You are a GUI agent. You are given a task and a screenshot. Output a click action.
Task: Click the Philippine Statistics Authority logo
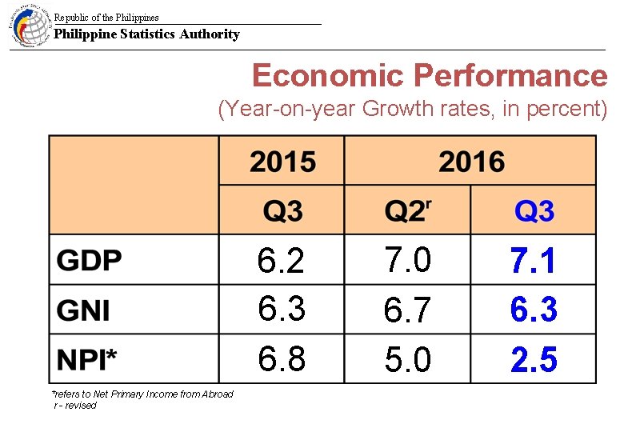click(30, 26)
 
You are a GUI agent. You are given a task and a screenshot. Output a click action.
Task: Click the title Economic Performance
click(430, 76)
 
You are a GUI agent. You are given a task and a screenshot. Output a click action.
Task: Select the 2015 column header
click(282, 162)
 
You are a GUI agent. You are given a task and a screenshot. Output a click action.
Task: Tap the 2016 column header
click(471, 162)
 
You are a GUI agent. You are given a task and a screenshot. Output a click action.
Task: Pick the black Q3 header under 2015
click(282, 211)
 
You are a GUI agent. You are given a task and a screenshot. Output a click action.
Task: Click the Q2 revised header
click(408, 211)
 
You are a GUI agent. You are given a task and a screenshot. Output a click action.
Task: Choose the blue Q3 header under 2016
click(534, 211)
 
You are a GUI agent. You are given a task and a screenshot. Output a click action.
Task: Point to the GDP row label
click(90, 261)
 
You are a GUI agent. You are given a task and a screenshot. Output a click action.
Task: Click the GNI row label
click(84, 310)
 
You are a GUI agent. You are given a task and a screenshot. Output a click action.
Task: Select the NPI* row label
click(86, 360)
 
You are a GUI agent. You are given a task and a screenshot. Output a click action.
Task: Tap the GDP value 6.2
click(282, 261)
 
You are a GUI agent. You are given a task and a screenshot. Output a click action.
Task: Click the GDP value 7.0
click(408, 261)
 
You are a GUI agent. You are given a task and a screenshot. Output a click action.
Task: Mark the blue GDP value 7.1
click(534, 261)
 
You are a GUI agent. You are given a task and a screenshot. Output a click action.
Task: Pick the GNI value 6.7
click(408, 310)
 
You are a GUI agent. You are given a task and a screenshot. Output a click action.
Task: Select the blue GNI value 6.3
click(534, 310)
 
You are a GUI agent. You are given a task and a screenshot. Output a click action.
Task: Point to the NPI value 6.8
click(282, 360)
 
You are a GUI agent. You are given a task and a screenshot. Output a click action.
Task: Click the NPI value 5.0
click(408, 360)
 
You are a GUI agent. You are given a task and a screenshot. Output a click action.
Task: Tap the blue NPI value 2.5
click(534, 360)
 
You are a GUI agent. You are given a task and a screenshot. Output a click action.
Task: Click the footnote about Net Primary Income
click(142, 394)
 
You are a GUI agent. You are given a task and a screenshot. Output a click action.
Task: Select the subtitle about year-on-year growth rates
click(413, 109)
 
